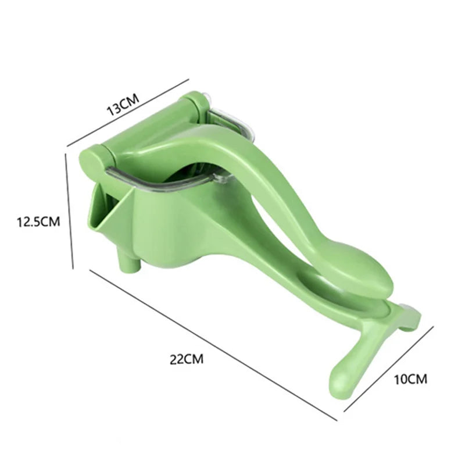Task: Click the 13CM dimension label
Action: pyautogui.click(x=122, y=103)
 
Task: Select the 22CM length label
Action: pyautogui.click(x=187, y=359)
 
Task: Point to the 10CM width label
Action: pyautogui.click(x=410, y=379)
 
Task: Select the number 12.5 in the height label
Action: pyautogui.click(x=30, y=221)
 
